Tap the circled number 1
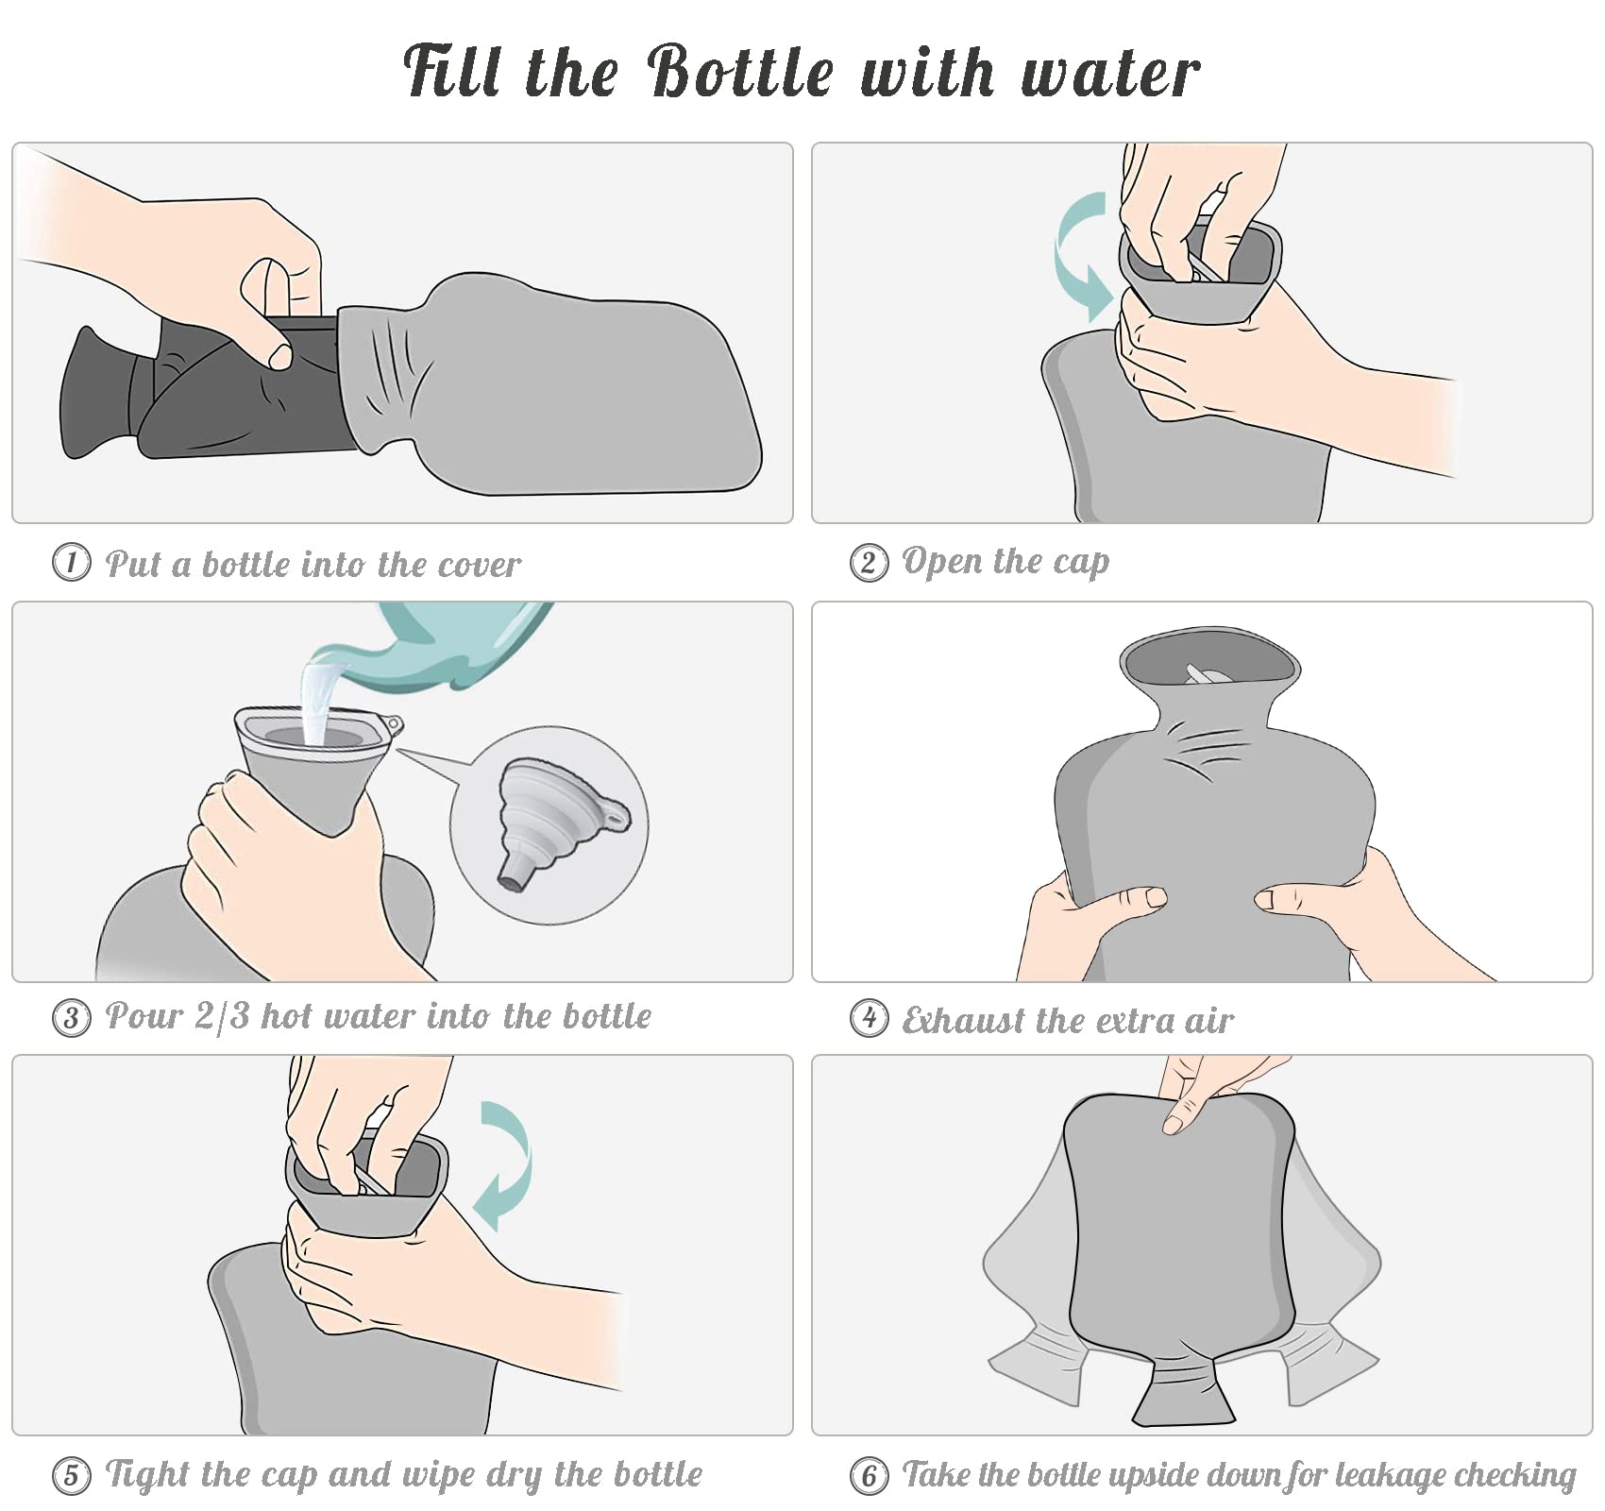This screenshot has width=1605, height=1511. tap(71, 562)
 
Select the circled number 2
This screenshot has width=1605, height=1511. tap(869, 563)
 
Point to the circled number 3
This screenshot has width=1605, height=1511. tap(71, 1018)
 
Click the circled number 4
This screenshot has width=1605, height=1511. tap(869, 1018)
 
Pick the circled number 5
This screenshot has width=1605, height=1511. tap(71, 1475)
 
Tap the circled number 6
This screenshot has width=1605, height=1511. tap(869, 1475)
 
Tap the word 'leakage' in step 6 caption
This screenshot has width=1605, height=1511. tap(1375, 1475)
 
